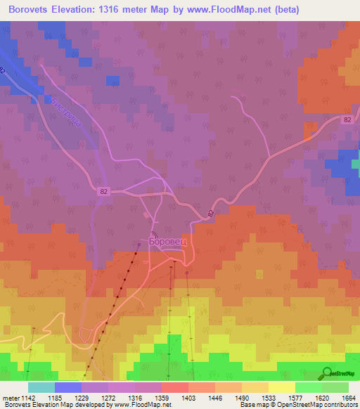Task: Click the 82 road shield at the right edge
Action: [x=348, y=120]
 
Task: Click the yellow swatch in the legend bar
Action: [x=282, y=387]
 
